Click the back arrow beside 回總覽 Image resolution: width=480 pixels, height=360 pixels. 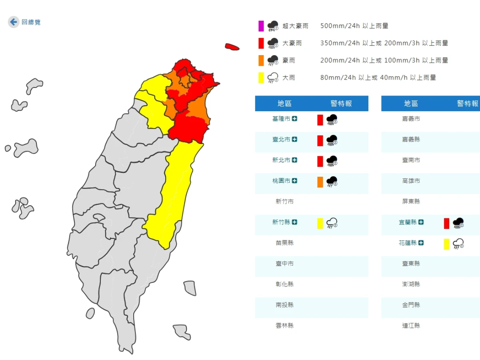tap(14, 22)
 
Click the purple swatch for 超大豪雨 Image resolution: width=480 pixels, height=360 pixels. tap(261, 26)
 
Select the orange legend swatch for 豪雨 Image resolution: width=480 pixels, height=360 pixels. tap(261, 60)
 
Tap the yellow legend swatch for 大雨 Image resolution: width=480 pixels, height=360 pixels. tap(261, 78)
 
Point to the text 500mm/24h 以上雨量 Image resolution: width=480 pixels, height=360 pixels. tap(354, 26)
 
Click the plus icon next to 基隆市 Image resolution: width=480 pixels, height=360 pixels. tap(295, 119)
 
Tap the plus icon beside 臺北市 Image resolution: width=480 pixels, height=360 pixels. tap(295, 139)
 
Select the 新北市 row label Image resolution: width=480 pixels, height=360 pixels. tap(281, 160)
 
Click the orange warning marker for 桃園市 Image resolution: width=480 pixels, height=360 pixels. tap(320, 182)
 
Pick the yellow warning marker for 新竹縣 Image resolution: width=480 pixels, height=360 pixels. tap(320, 223)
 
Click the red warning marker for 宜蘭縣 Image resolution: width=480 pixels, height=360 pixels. tap(446, 223)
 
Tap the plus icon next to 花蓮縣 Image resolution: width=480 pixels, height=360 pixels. tap(421, 243)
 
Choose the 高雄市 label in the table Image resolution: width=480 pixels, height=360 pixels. tap(411, 181)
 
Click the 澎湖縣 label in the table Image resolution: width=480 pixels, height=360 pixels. tap(411, 284)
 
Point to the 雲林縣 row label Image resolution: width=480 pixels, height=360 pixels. tap(284, 326)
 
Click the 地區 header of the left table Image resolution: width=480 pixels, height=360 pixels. tap(284, 104)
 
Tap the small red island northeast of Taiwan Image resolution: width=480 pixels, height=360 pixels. tap(232, 47)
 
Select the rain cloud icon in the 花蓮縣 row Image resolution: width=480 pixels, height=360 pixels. tap(458, 244)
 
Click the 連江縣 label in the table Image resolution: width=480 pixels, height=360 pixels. tap(411, 326)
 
